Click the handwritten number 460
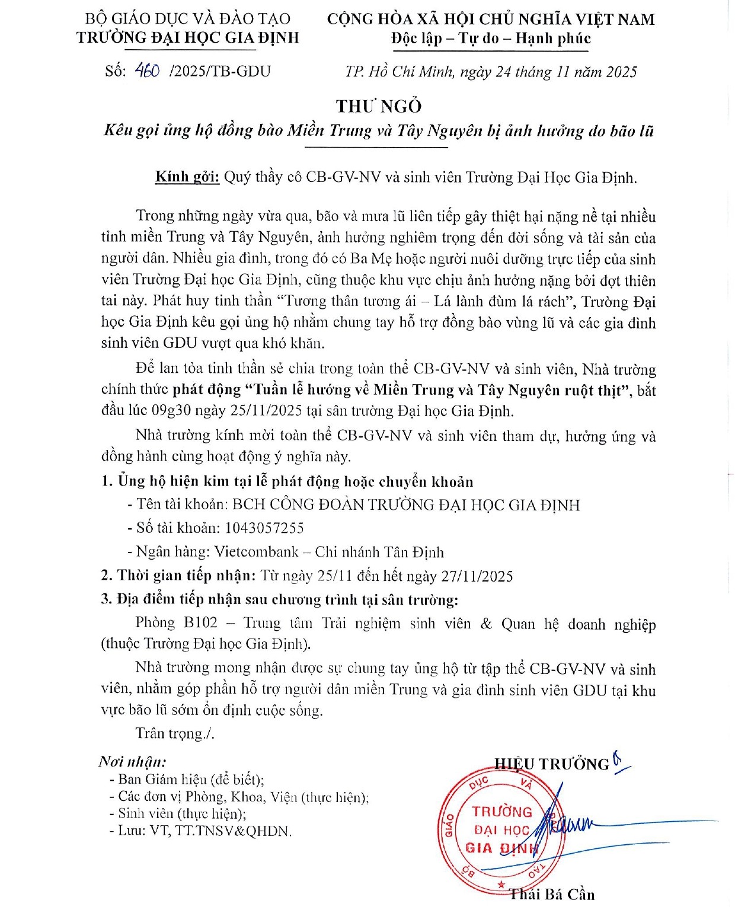tap(147, 71)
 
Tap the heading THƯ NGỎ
tap(379, 106)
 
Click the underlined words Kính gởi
tap(187, 177)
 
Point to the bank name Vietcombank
tap(256, 552)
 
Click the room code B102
tap(200, 623)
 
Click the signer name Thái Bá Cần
tap(552, 894)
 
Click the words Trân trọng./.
tap(175, 733)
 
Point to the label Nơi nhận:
tap(132, 762)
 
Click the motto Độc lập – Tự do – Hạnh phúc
tap(491, 39)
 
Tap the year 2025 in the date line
tap(618, 72)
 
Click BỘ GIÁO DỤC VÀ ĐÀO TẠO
tap(187, 19)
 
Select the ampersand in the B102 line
tap(486, 624)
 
